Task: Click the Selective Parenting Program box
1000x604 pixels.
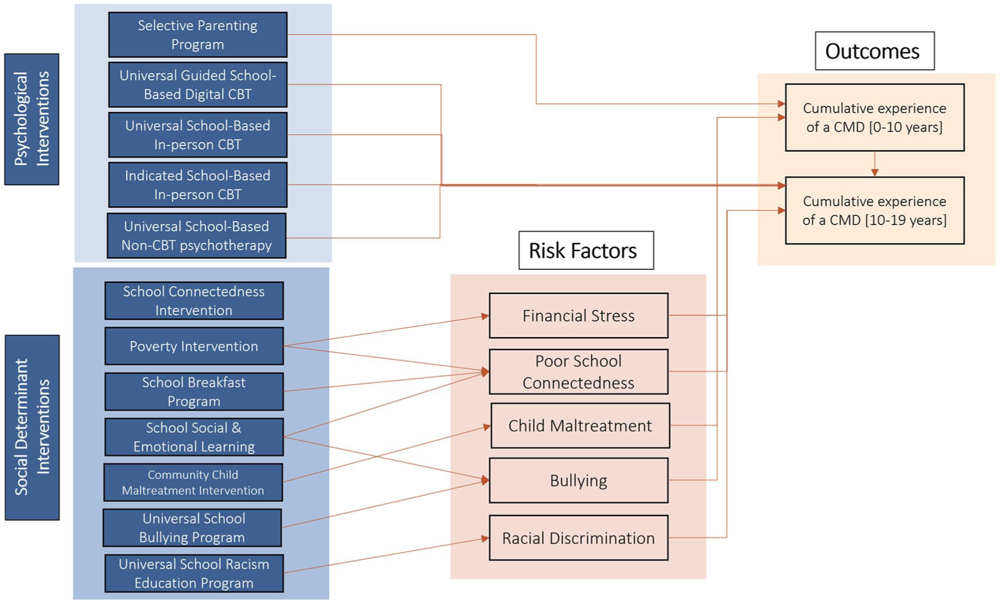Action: (x=198, y=35)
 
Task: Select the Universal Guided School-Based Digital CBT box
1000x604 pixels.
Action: (x=198, y=85)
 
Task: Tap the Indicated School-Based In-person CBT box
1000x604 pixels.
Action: (x=198, y=185)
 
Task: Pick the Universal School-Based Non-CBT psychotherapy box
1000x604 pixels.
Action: (x=197, y=235)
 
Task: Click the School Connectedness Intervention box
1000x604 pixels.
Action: (x=194, y=301)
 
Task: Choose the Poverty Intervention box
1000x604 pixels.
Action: (x=194, y=346)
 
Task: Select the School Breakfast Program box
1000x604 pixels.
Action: (x=194, y=392)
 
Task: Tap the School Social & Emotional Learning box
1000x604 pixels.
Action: (x=194, y=437)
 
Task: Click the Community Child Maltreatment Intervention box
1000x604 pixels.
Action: (x=193, y=482)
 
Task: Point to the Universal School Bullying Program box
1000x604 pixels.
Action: (x=192, y=528)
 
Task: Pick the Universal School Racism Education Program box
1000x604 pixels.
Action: (x=194, y=573)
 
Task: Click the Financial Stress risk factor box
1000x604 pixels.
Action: (x=579, y=315)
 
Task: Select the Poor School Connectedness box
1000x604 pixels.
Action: (x=579, y=372)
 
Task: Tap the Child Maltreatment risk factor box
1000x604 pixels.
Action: (x=580, y=426)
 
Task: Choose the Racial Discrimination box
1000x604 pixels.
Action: (x=579, y=538)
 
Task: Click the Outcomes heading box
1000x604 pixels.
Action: (x=875, y=51)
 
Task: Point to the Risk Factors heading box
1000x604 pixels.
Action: (x=586, y=250)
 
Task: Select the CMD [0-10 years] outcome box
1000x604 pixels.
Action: (x=875, y=118)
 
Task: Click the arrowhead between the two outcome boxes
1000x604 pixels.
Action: (x=874, y=172)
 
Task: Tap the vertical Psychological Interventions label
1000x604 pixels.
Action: (x=32, y=119)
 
